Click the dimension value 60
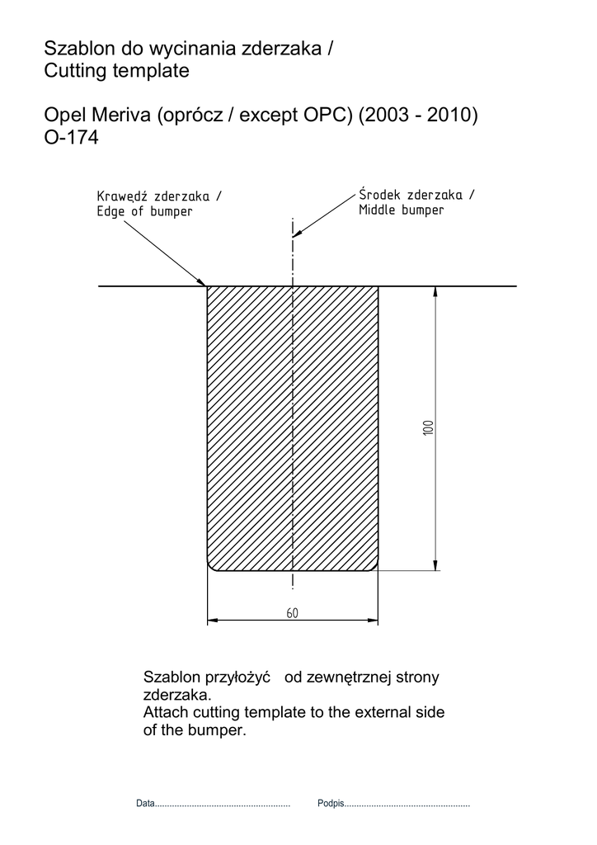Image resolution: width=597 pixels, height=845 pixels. (292, 613)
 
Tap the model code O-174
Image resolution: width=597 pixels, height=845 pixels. (71, 139)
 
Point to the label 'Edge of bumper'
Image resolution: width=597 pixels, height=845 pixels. (144, 211)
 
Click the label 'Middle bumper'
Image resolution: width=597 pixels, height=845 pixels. (401, 210)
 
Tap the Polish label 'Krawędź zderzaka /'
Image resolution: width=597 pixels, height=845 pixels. (159, 196)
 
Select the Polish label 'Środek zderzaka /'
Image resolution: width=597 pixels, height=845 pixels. (416, 195)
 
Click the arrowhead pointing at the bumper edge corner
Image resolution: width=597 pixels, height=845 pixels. (203, 282)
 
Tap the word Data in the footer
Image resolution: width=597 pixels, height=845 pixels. (145, 803)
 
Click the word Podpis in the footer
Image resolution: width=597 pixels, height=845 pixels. (330, 803)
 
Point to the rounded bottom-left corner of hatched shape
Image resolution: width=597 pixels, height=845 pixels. (211, 565)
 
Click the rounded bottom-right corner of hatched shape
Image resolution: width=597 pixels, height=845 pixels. (374, 565)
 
